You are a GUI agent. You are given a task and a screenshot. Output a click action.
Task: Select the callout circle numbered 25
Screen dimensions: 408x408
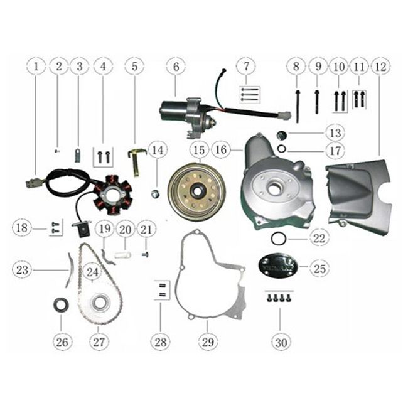(319, 269)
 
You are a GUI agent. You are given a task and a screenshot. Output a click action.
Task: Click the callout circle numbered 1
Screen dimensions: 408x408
(36, 66)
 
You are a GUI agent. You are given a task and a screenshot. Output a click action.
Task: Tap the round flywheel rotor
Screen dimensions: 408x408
(197, 189)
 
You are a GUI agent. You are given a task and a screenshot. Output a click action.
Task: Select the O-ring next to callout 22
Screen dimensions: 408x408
(280, 239)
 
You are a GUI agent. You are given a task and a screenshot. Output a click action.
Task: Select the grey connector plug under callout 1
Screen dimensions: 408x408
(30, 184)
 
